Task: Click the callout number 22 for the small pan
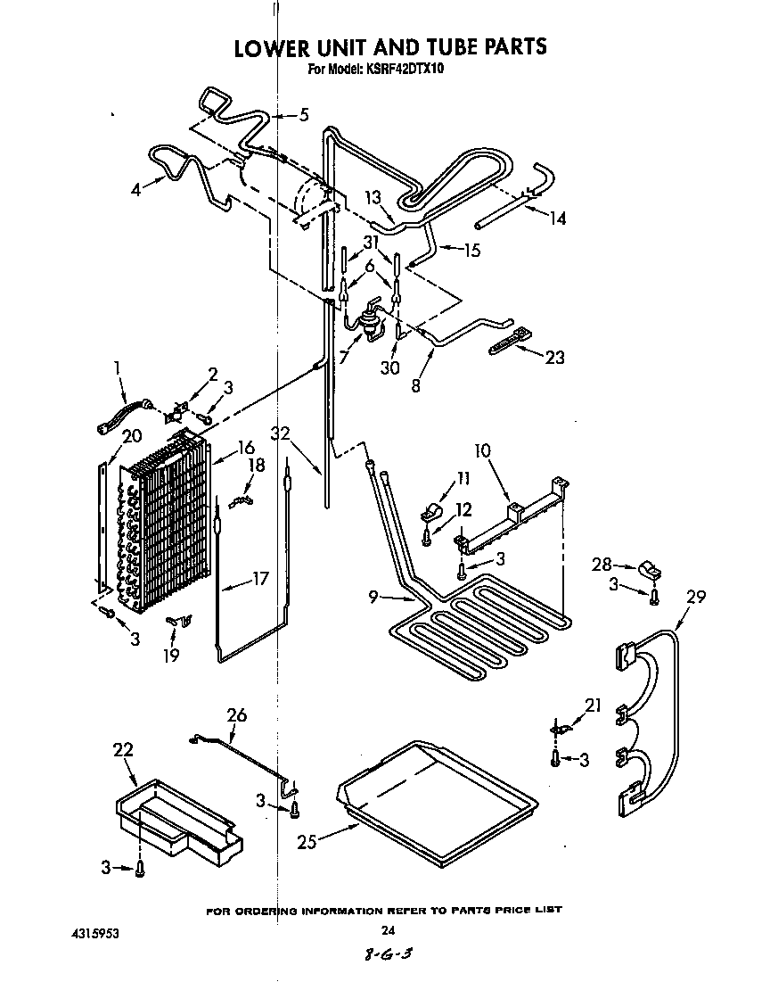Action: [x=122, y=751]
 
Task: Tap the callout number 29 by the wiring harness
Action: [x=695, y=597]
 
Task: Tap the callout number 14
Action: [x=557, y=217]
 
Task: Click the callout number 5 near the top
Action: [x=303, y=114]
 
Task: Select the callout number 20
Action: [x=107, y=435]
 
